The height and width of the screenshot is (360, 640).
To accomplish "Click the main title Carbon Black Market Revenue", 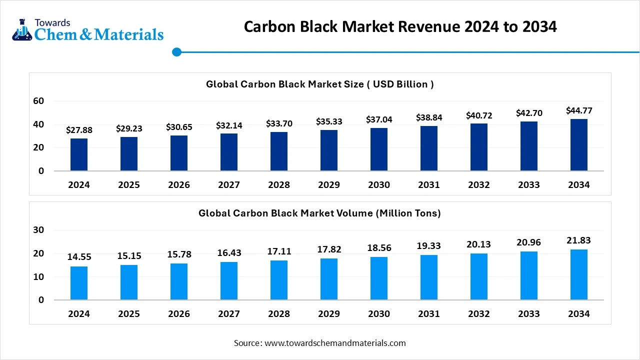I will [x=400, y=26].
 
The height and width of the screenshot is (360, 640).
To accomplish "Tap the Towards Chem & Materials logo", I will [x=87, y=30].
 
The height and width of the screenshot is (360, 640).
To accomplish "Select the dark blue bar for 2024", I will [x=79, y=154].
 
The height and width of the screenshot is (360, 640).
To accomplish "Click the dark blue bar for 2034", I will [x=579, y=145].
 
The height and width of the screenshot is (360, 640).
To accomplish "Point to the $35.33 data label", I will [x=329, y=121].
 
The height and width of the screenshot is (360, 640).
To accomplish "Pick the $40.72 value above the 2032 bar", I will [x=479, y=115].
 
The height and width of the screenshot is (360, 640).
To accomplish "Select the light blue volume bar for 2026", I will [x=179, y=281].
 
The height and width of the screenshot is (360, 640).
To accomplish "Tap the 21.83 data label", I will [x=579, y=240].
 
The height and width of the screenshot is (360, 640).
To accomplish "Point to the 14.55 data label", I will [x=79, y=257].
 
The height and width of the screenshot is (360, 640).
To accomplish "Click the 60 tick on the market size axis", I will [x=38, y=101].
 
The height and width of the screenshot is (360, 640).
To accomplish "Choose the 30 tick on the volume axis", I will [x=38, y=230].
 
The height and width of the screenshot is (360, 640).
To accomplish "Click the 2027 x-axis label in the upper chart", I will [x=229, y=185].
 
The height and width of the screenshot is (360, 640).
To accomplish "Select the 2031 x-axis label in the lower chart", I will [x=429, y=314].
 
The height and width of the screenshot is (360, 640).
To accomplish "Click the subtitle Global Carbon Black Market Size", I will [x=320, y=84].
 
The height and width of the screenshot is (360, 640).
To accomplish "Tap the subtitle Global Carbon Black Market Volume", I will [x=320, y=213].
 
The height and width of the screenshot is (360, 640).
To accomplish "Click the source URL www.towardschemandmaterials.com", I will [x=335, y=343].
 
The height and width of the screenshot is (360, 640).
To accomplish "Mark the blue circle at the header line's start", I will [x=176, y=52].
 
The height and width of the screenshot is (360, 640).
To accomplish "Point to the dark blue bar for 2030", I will [x=379, y=149].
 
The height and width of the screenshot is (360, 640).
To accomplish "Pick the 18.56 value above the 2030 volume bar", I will [x=379, y=248].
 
